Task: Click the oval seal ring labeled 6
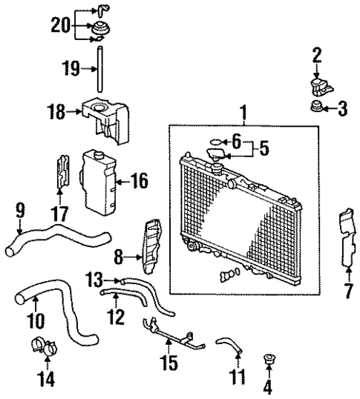pos(215,142)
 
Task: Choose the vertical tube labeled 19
pos(97,70)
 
